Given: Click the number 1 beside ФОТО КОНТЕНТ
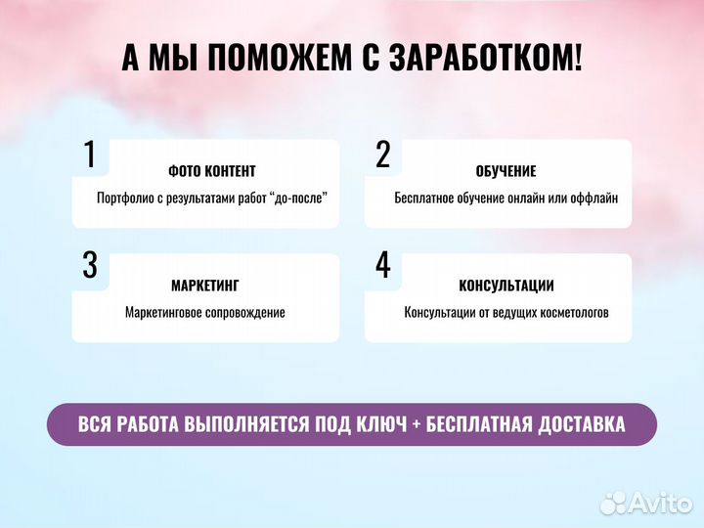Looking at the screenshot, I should coord(89,154).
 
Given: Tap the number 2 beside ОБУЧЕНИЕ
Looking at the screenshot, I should coord(383,154).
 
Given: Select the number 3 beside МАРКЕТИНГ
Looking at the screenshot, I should coord(90,265).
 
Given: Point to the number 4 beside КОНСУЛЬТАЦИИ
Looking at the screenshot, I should coord(383,265).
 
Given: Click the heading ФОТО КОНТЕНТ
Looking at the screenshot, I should coord(212,171).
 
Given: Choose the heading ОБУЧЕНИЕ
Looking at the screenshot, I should coord(506,171).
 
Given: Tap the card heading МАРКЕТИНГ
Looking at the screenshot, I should coord(205,286).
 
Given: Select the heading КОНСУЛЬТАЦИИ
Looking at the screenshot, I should coord(506,286).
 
